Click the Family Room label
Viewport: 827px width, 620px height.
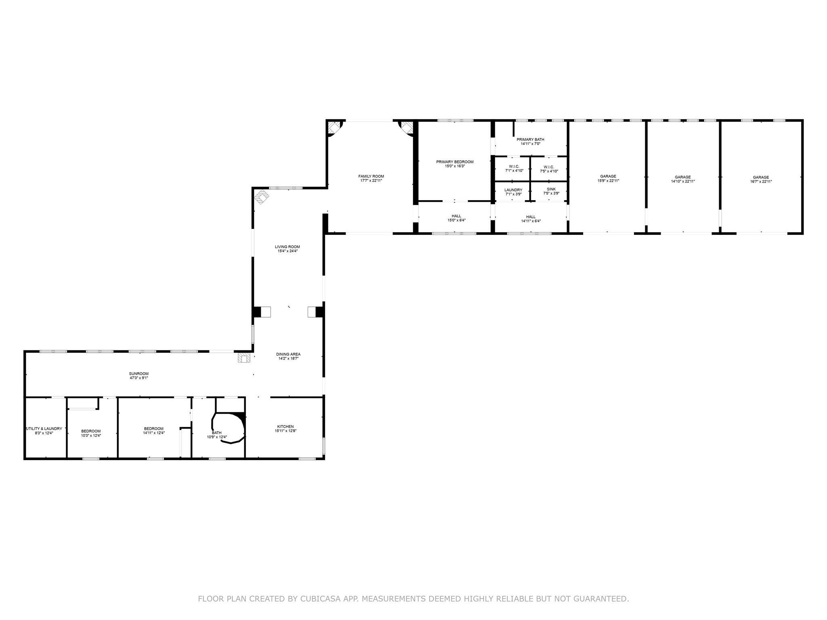(371, 176)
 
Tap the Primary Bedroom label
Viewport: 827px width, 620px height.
(455, 162)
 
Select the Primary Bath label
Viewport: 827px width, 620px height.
(530, 140)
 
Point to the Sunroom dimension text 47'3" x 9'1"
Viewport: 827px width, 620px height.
(139, 378)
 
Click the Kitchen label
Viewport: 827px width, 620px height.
(285, 427)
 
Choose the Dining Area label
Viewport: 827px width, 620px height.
(288, 354)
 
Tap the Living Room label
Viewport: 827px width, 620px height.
(288, 247)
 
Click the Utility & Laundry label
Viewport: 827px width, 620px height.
(44, 429)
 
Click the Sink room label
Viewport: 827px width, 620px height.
(551, 189)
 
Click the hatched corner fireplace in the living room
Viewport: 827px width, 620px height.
(261, 197)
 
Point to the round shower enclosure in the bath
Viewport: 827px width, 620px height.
(229, 428)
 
